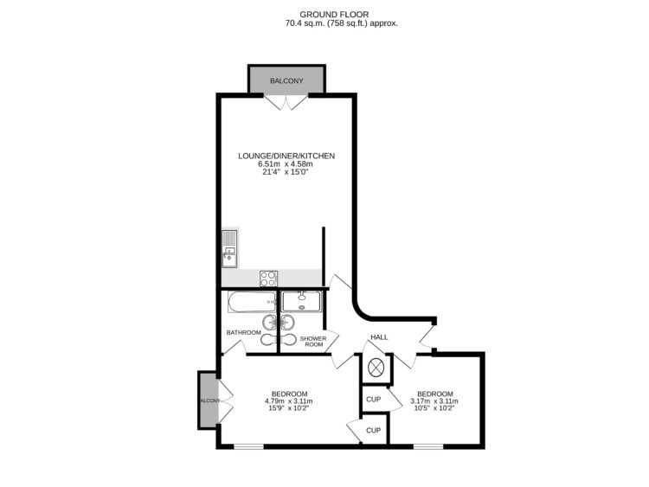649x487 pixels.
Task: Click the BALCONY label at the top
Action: (x=286, y=81)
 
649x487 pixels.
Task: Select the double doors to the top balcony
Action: (x=286, y=101)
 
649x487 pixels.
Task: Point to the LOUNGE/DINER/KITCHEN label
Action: (x=286, y=156)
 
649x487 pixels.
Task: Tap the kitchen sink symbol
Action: (x=229, y=247)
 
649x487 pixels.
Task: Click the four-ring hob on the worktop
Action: (x=269, y=279)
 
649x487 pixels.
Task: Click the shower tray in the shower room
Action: (x=301, y=302)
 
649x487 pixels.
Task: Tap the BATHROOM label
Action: (x=243, y=332)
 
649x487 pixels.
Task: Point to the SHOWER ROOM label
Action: (x=312, y=341)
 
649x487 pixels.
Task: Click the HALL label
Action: (x=379, y=336)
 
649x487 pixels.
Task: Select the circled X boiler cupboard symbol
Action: (x=376, y=367)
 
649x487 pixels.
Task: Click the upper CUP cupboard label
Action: (x=373, y=399)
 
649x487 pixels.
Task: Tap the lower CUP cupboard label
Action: (x=373, y=430)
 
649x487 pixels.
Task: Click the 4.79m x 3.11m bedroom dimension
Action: (x=289, y=401)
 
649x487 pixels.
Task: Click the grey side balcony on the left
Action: (x=207, y=400)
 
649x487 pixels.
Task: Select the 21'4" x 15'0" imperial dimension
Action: (x=286, y=172)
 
